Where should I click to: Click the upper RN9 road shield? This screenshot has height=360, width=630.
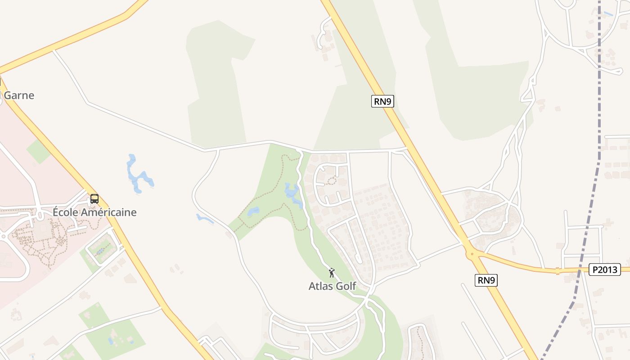(x=382, y=101)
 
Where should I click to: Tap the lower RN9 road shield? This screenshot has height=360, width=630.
(x=486, y=280)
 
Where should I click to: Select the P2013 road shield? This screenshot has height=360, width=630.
(x=604, y=270)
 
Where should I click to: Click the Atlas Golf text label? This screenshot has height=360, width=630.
(x=332, y=286)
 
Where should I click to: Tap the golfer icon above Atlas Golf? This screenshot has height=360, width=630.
(x=332, y=272)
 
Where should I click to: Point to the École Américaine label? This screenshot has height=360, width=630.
(x=94, y=212)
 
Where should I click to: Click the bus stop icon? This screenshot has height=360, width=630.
(x=94, y=198)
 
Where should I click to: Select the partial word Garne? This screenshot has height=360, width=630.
(x=19, y=95)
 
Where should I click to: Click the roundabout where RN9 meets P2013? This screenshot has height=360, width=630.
(x=472, y=254)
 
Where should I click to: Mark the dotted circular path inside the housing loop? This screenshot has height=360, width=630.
(x=331, y=181)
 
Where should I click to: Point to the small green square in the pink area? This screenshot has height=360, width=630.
(x=38, y=151)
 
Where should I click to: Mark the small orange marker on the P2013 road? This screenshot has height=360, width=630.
(x=558, y=271)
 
